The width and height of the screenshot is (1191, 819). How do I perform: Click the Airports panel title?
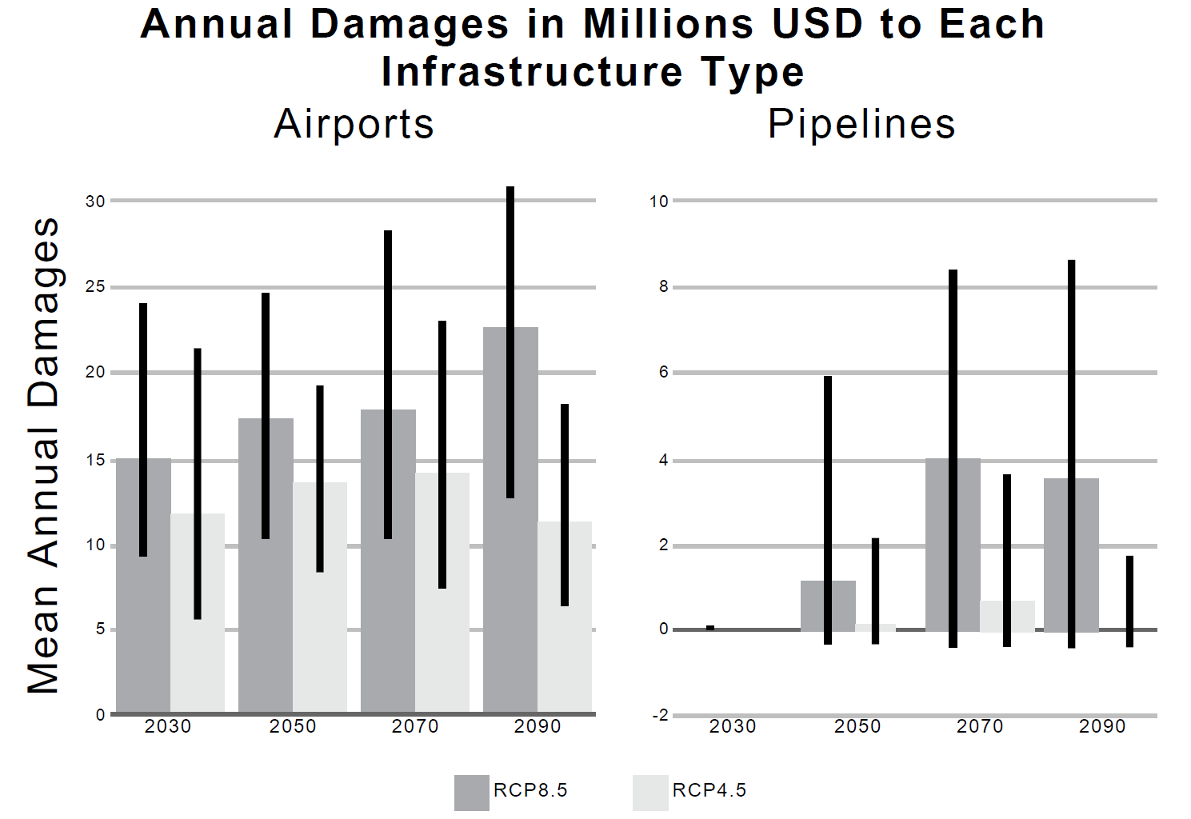pos(354,124)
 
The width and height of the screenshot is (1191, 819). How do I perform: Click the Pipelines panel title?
pos(861,124)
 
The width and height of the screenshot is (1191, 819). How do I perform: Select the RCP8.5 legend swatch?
pos(471,792)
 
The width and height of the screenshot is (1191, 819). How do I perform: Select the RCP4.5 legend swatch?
pos(649,792)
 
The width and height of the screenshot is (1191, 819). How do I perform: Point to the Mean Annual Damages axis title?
pos(43,456)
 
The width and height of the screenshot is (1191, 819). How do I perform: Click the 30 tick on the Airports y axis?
pos(95,202)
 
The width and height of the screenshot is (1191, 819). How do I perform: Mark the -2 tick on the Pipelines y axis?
pos(660,715)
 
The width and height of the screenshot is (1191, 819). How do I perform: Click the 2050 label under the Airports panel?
pos(293,726)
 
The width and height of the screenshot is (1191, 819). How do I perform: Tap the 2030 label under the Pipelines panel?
pos(732,726)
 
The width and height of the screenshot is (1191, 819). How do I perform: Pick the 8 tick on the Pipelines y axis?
pos(663,287)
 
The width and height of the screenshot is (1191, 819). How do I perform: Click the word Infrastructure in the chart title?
pos(532,72)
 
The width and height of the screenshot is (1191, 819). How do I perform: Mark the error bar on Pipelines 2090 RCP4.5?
pos(1129,600)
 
